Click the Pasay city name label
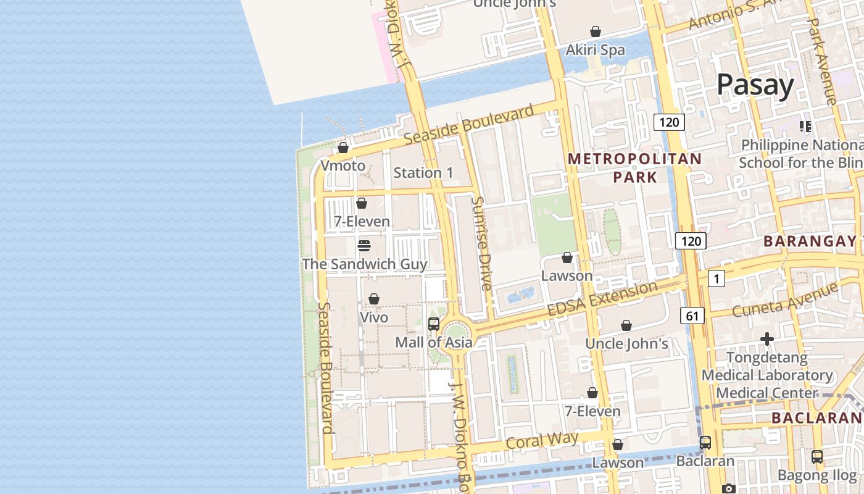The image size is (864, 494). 755,85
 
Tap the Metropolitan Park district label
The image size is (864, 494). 635,168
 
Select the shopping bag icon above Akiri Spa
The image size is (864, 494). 596,31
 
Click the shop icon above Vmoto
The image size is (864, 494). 343,148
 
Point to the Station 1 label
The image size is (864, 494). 423,173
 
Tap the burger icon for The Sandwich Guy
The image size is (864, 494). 364,246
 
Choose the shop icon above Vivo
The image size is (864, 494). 374,299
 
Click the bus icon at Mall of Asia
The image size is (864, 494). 434,324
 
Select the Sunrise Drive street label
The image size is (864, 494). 482,243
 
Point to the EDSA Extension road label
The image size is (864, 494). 603,298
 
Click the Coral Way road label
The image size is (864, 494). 542,440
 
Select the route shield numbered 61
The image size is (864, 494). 692,316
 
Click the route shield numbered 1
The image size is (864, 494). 716,278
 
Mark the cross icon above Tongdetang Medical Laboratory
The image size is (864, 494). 767,339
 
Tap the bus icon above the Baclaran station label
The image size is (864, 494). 705,443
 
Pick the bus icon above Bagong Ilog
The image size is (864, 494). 817,457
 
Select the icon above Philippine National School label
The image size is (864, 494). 805,127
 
